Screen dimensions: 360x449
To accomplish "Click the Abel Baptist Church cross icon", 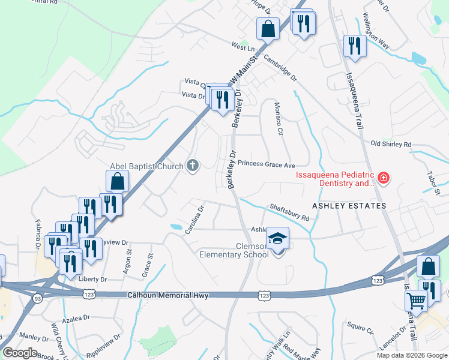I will (x=193, y=166).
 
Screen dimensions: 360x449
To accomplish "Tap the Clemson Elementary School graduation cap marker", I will (x=277, y=238).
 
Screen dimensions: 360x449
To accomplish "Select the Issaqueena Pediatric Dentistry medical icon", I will (x=383, y=178).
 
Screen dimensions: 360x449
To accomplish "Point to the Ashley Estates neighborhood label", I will (x=348, y=205).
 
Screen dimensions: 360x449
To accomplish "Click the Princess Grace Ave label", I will (x=267, y=164).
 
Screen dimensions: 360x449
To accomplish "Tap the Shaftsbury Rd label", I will (x=289, y=212).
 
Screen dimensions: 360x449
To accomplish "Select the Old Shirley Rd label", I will (x=391, y=144).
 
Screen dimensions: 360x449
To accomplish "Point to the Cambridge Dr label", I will (x=280, y=69).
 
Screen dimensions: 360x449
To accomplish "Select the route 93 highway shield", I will (x=37, y=297).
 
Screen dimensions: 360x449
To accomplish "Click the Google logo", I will (x=20, y=353).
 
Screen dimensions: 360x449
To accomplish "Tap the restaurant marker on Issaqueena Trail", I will (x=355, y=46).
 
